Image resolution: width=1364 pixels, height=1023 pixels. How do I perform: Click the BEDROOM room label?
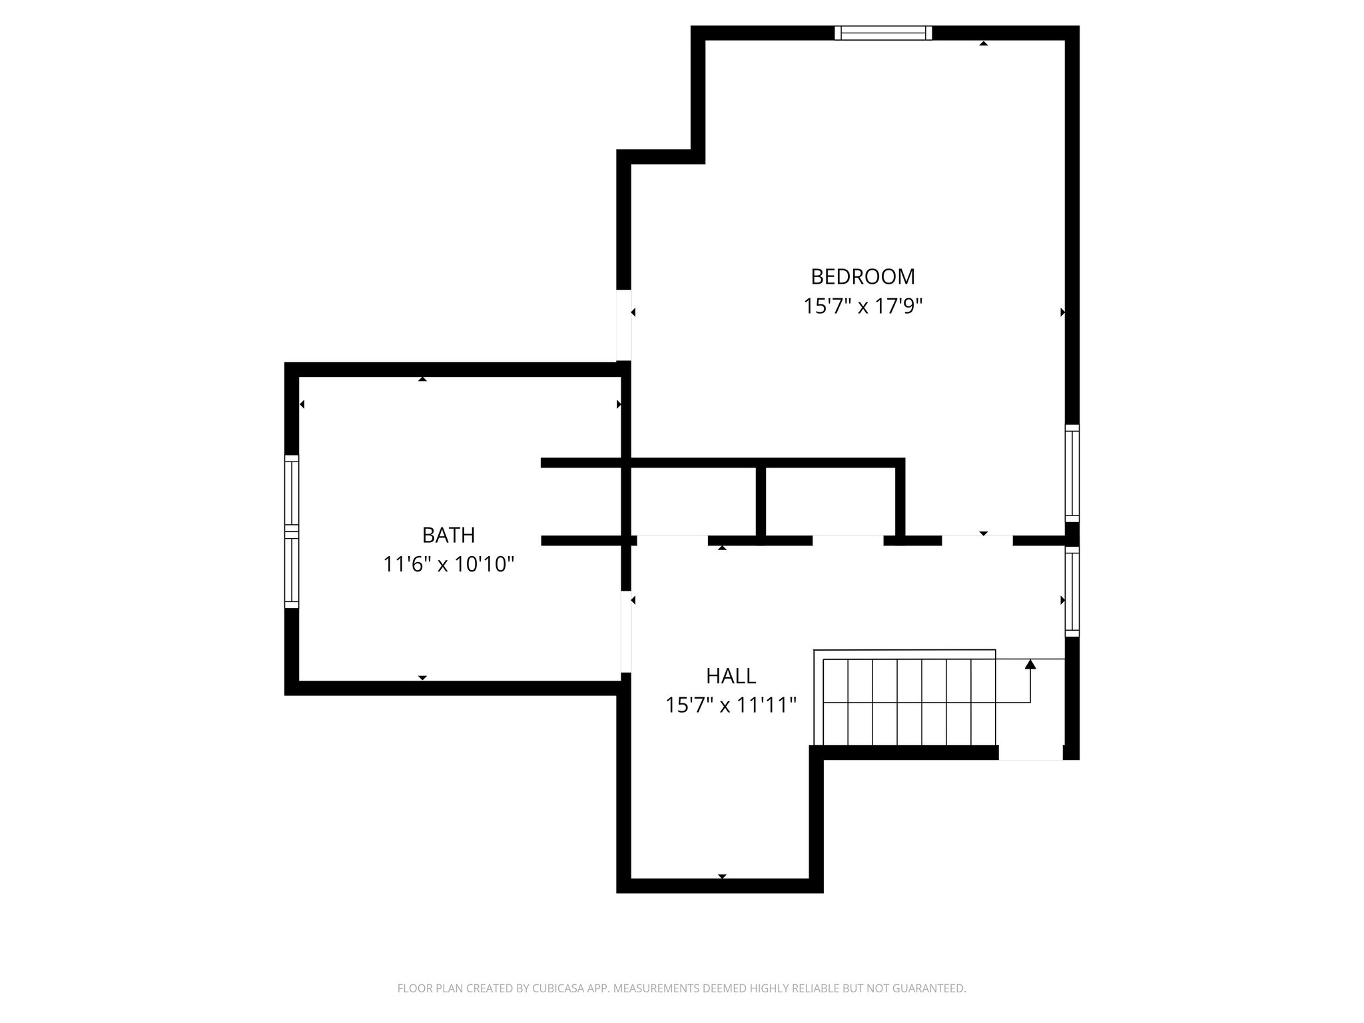coord(862,276)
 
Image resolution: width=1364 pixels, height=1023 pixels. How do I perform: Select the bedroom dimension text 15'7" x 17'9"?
coord(862,306)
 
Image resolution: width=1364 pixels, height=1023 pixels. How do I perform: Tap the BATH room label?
coord(448,535)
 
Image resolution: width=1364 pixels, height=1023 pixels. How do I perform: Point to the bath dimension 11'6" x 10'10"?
coord(448,565)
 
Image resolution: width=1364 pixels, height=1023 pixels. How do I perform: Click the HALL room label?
coord(731,676)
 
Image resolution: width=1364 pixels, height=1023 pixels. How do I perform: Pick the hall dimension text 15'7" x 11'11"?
coord(731,705)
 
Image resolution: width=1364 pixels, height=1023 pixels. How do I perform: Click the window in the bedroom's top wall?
coord(883,33)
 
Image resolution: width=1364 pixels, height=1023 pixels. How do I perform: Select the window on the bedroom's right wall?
coord(1072,473)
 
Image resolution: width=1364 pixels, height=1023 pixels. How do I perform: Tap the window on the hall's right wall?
coord(1072,591)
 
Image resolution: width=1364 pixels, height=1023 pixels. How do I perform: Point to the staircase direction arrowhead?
coord(1030,664)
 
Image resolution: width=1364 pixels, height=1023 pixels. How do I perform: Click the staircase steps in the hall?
coord(909,702)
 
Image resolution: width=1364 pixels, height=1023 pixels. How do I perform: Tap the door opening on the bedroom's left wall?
coord(623,325)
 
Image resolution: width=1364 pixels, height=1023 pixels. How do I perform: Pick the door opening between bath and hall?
coord(625,631)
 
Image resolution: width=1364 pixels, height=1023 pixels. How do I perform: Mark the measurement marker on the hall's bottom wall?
coord(722,876)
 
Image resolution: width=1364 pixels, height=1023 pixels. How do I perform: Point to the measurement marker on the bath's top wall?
coord(422,379)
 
